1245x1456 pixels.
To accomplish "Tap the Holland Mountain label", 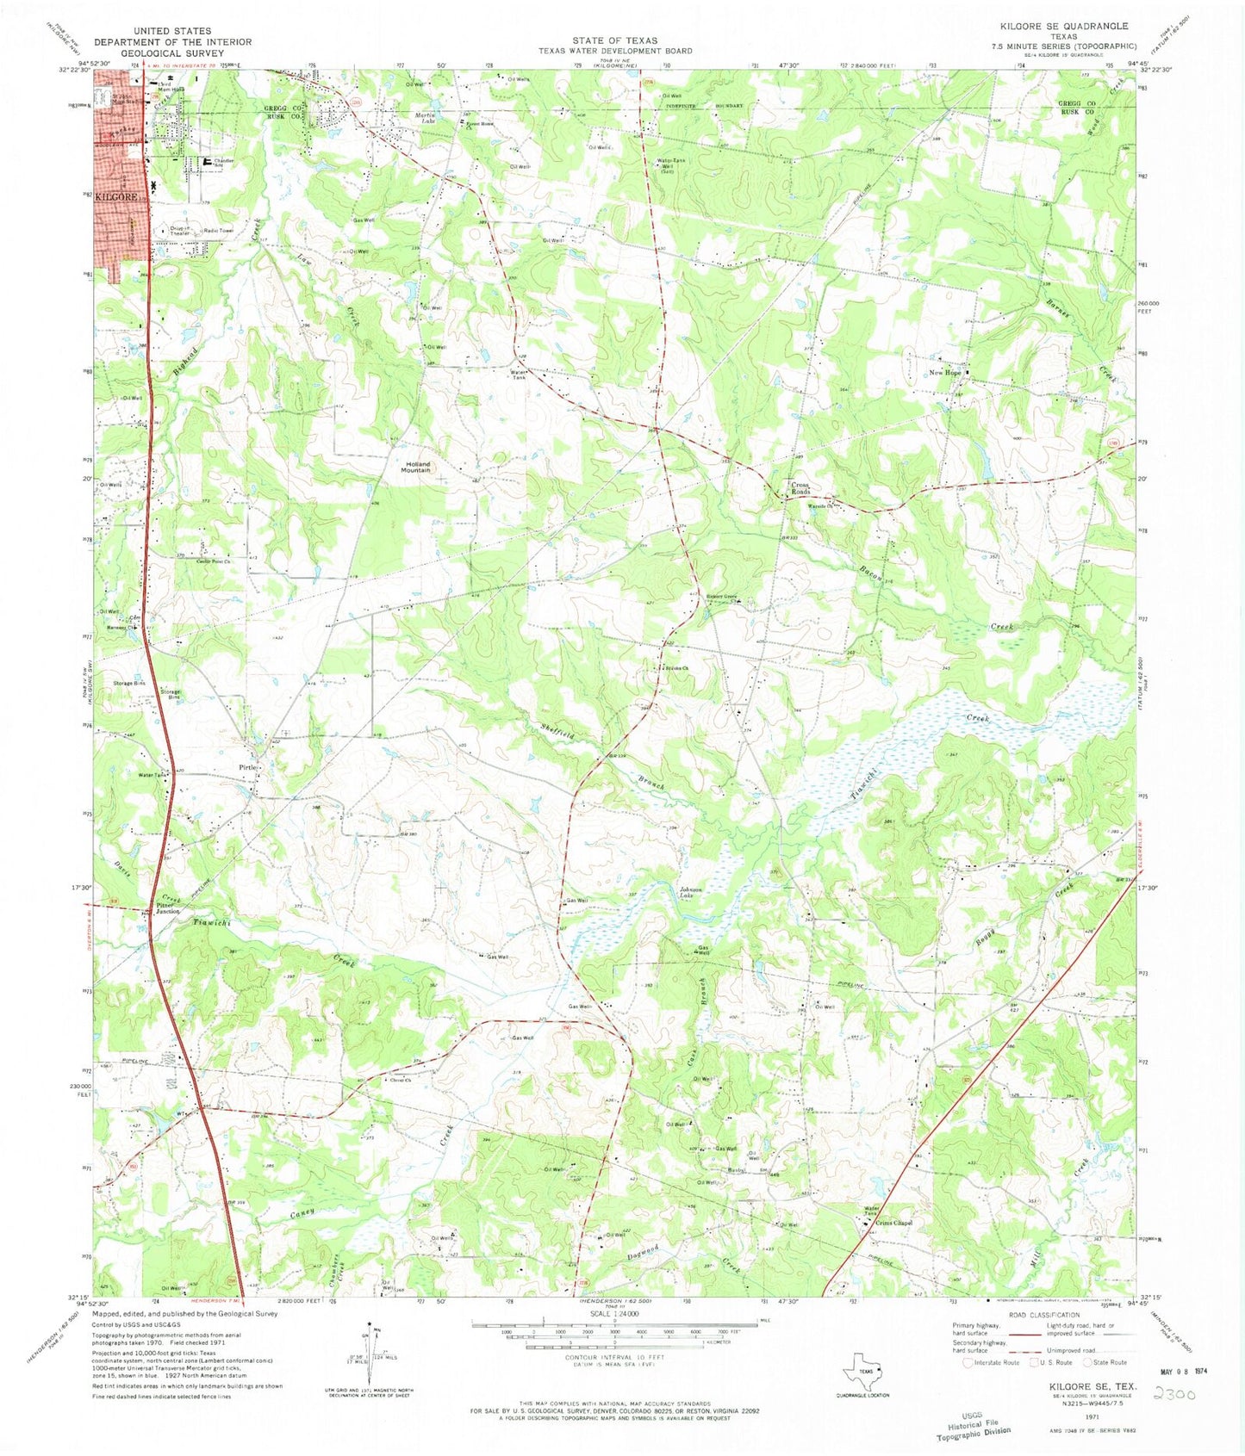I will pos(415,467).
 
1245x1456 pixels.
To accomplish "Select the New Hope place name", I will pos(944,373).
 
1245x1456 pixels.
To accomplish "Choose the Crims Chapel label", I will pos(893,1223).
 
